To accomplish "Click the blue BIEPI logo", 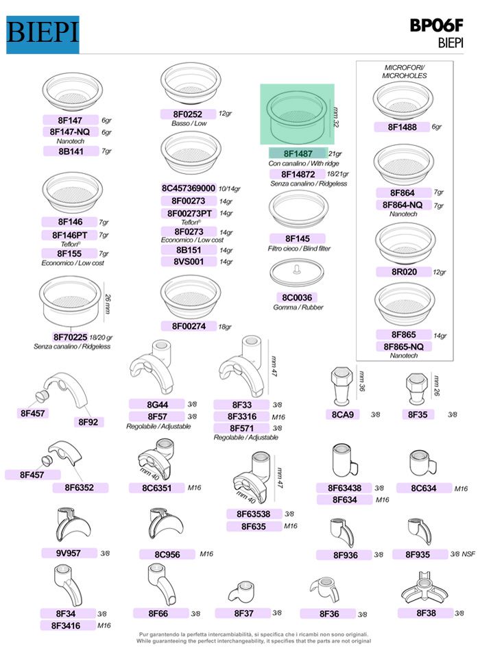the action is click(x=43, y=34).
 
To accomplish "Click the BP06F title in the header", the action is click(x=436, y=26).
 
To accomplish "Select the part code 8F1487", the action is click(x=298, y=153).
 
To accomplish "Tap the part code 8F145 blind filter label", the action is click(x=297, y=238).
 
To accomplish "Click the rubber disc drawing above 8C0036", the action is click(x=297, y=273).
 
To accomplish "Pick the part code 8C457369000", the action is click(x=189, y=188).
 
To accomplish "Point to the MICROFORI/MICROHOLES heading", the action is click(x=405, y=71).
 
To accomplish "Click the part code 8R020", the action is click(x=404, y=272).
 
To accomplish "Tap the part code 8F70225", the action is click(x=70, y=337).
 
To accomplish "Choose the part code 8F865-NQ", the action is click(x=404, y=347).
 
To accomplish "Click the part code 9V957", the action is click(x=69, y=553).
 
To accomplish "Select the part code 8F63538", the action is click(x=253, y=514).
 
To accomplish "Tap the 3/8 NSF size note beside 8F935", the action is click(x=462, y=554).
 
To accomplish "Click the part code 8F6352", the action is click(x=80, y=488).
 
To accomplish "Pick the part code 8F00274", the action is click(x=189, y=326).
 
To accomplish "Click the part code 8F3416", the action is click(x=66, y=625).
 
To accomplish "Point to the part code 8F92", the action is click(x=88, y=422).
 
